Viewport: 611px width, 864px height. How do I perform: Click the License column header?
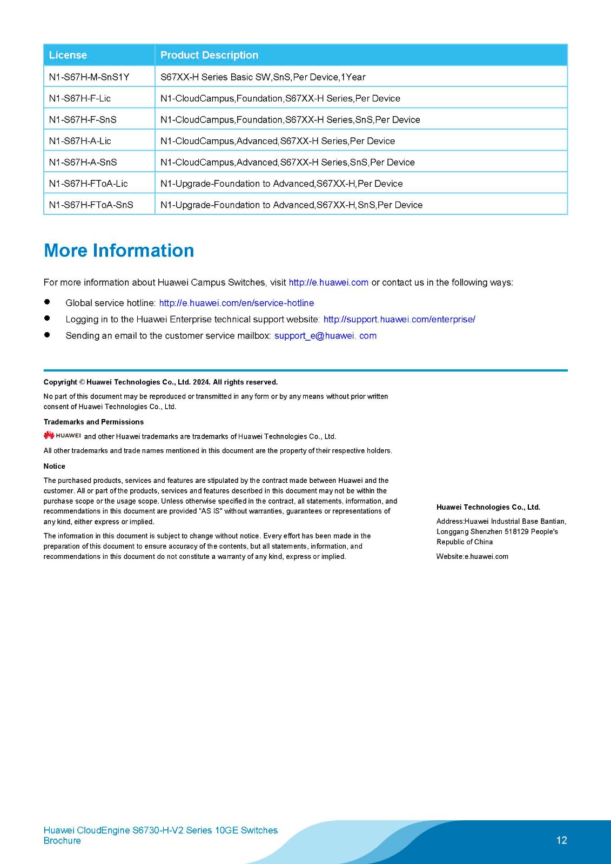[68, 55]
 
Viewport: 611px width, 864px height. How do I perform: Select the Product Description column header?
[209, 55]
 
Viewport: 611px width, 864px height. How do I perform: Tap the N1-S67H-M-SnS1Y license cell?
[89, 77]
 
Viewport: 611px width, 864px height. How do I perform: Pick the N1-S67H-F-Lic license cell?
[80, 98]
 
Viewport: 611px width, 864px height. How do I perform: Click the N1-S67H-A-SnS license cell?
[83, 162]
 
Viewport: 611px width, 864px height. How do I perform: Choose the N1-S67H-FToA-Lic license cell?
[88, 184]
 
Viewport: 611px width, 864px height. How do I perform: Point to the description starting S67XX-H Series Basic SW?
[263, 77]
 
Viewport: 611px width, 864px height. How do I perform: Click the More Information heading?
[119, 251]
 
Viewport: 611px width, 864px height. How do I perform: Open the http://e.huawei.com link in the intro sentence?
[328, 282]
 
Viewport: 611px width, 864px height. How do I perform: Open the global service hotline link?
[236, 303]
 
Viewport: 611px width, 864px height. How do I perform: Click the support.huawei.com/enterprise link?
[399, 319]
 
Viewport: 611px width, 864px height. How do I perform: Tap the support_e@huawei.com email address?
[325, 335]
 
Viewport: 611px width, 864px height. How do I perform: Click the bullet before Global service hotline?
[47, 302]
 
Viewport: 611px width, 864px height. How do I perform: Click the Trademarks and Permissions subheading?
[93, 422]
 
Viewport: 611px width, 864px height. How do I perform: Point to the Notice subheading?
[54, 466]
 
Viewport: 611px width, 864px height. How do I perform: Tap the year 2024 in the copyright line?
[202, 382]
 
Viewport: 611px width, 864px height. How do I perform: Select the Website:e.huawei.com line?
[472, 556]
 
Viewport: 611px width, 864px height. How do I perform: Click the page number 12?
[561, 840]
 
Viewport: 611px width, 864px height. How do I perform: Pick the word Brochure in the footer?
[62, 840]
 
